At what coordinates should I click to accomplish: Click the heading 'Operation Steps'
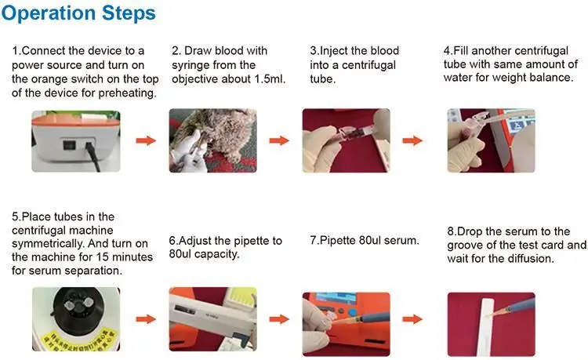78,13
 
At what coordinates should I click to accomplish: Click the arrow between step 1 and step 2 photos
146,140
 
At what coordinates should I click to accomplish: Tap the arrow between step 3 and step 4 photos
412,140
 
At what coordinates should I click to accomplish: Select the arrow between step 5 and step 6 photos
146,319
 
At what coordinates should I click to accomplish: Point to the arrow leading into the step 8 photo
412,319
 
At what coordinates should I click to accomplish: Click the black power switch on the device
69,145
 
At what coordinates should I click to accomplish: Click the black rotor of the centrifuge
78,308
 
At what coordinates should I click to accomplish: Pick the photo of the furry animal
213,140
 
